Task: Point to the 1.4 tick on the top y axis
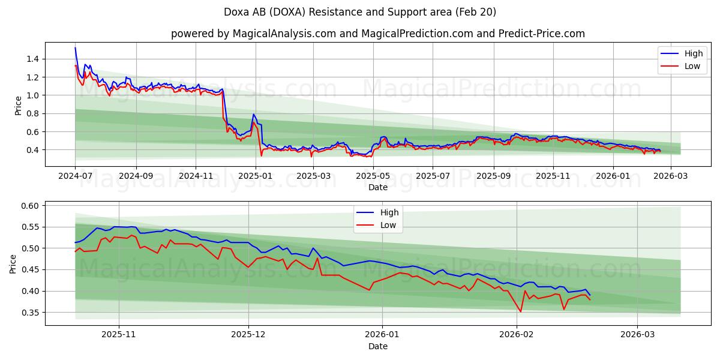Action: [x=32, y=59]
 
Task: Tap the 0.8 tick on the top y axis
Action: [x=32, y=113]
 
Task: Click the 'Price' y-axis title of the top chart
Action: [x=19, y=105]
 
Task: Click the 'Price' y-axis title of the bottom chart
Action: [x=14, y=263]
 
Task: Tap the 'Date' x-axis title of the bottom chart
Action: [x=377, y=346]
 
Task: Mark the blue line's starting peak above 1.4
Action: [x=75, y=47]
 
